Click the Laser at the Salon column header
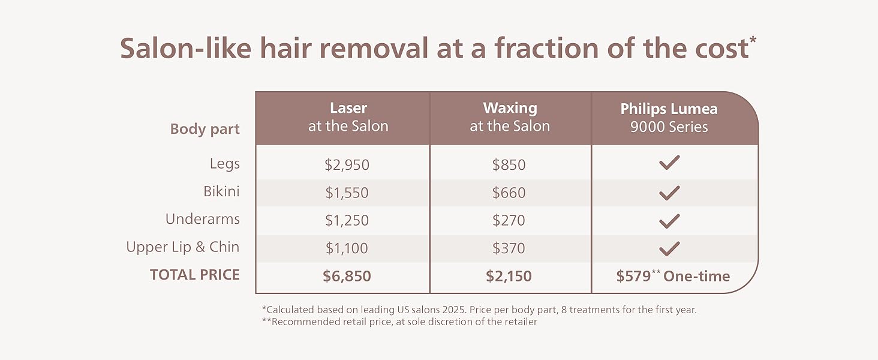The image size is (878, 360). point(348,118)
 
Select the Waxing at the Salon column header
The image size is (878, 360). point(510,118)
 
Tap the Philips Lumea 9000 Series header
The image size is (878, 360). point(669,118)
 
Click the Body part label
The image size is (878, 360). point(205,129)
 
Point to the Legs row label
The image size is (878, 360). point(224,163)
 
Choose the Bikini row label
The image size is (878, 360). point(221,191)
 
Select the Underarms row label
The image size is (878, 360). point(202,219)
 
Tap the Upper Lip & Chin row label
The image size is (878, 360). point(182,247)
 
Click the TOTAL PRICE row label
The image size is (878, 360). point(194,275)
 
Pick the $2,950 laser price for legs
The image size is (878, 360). point(347,164)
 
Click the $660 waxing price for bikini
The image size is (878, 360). point(509,193)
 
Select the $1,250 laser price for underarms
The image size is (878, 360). point(347,220)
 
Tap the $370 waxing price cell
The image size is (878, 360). point(509,248)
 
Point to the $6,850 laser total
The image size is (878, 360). point(347,276)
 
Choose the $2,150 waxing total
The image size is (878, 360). point(509,276)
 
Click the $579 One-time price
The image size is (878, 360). point(673,276)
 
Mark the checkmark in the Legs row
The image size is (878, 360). point(669,163)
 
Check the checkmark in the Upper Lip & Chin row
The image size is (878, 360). point(669,248)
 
